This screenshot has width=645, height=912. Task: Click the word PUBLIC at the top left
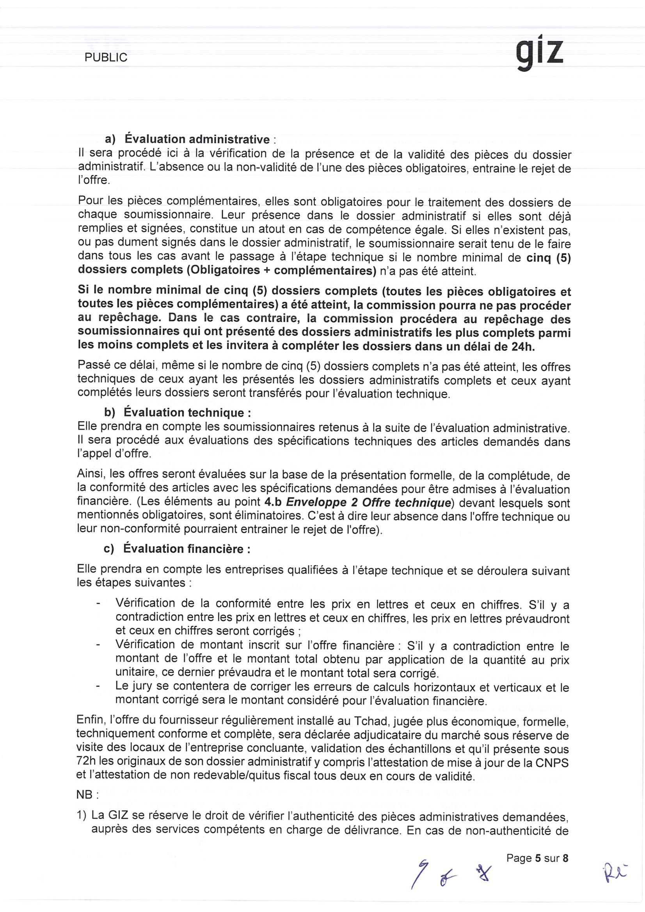pos(106,58)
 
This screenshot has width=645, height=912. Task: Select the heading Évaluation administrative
pos(197,139)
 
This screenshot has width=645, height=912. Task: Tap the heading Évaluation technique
pos(187,413)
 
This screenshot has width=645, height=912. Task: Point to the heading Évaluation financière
pos(187,549)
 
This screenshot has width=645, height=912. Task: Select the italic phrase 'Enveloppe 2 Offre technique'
pos(368,502)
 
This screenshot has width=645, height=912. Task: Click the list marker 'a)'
pos(110,139)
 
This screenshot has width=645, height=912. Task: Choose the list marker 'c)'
pos(108,549)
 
